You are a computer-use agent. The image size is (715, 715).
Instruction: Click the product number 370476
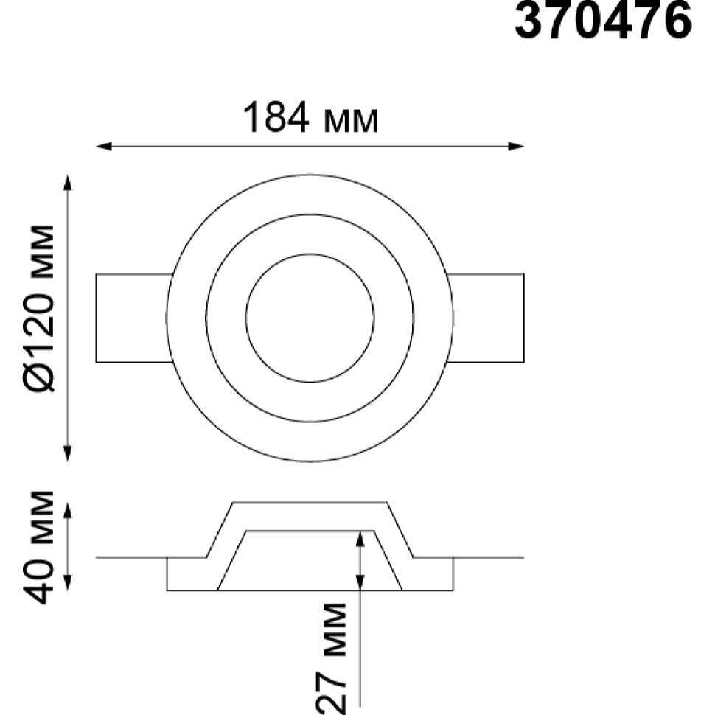pos(603,21)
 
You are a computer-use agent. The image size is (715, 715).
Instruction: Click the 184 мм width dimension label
pos(310,117)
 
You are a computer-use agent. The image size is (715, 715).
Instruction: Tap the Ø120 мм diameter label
pos(38,308)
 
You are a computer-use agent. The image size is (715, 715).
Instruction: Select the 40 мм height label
pos(38,547)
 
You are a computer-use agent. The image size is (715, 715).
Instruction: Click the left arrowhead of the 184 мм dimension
pos(103,147)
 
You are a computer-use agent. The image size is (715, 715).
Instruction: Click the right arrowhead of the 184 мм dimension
pos(516,147)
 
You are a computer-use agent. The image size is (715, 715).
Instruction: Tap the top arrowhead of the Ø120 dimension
pos(68,182)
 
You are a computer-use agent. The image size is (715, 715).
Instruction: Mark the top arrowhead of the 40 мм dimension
pos(68,511)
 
